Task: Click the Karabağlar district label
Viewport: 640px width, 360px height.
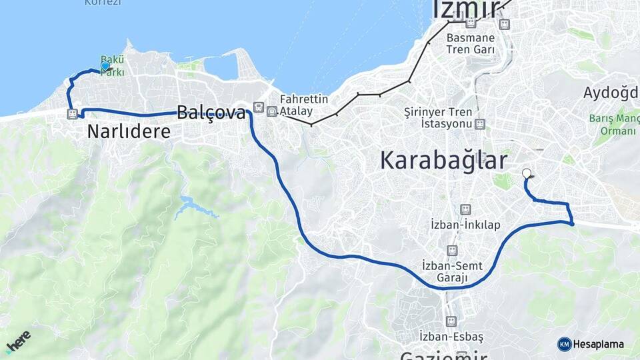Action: (x=443, y=161)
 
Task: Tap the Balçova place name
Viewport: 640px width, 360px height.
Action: (x=211, y=112)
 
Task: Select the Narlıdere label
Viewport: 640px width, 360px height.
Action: (x=129, y=132)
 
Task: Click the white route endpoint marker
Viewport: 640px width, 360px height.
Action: (x=527, y=173)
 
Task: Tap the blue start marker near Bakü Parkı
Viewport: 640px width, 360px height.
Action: (x=105, y=66)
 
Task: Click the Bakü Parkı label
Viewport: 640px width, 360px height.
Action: (x=112, y=65)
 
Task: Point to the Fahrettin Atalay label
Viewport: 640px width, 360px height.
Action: (x=304, y=105)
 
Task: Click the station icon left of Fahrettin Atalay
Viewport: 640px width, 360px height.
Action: (x=271, y=112)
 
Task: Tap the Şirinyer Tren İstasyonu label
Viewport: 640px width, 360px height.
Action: (x=443, y=117)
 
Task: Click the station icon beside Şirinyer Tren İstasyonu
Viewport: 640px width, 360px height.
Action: (x=480, y=124)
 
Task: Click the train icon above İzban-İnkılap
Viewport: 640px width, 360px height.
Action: (x=465, y=209)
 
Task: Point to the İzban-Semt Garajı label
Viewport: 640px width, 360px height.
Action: (x=453, y=271)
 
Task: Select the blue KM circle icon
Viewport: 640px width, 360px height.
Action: (x=564, y=344)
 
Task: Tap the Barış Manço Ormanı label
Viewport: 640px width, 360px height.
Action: (x=612, y=125)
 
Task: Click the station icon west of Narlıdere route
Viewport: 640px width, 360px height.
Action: (x=72, y=114)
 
